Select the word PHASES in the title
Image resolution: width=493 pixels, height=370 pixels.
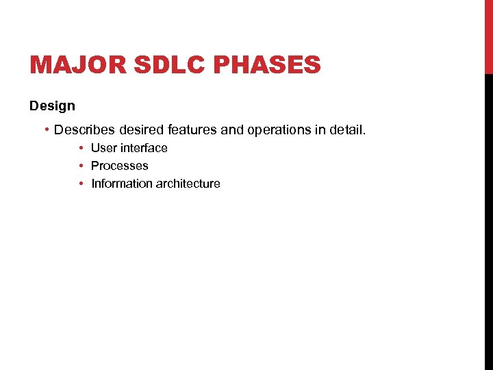(268, 65)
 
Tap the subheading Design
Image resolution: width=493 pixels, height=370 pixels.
(52, 106)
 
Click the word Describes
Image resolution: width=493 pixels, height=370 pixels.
(83, 129)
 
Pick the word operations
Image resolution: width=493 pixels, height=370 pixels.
(275, 129)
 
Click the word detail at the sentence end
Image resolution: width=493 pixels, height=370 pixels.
(348, 129)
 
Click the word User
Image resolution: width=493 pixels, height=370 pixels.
(104, 148)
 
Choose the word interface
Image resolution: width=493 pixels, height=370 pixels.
(144, 148)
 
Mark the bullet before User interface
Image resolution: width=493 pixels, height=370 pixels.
(81, 148)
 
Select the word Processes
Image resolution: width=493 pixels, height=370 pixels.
(119, 166)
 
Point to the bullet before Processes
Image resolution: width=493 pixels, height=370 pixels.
(81, 166)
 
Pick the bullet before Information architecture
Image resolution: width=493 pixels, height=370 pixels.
(81, 184)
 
